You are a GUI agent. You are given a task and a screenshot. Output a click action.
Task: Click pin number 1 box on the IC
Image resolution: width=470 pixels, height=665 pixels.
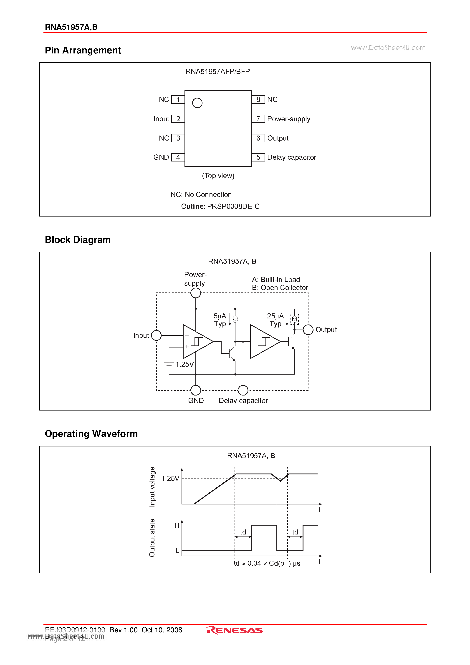pos(178,99)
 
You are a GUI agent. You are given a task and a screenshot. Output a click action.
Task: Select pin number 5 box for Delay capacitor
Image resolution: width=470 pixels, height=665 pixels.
pos(258,157)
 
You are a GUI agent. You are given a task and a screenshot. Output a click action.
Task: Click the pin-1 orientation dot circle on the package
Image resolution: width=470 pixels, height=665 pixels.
pos(197,103)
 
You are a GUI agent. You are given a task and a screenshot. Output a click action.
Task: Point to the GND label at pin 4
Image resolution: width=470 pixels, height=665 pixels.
pos(161,157)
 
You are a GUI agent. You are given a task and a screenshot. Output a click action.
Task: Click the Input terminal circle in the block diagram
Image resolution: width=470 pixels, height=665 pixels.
pos(156,335)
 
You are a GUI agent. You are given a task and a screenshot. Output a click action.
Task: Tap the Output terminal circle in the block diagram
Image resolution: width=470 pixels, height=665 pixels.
pos(308,330)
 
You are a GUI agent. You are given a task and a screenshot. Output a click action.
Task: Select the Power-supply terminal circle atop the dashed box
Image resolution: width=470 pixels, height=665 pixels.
pos(196,293)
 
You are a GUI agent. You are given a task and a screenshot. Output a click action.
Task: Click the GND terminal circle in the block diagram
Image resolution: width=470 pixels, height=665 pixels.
pos(196,390)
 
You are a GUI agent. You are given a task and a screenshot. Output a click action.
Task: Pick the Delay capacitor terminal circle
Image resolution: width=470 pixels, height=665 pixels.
pos(243,390)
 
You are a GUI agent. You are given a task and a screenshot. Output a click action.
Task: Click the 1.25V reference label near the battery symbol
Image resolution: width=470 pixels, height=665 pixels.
pos(184,364)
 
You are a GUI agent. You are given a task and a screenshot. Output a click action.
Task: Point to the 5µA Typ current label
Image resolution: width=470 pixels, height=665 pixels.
pos(220,320)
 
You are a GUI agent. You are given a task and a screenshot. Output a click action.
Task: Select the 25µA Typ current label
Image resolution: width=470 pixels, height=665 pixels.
pos(275,320)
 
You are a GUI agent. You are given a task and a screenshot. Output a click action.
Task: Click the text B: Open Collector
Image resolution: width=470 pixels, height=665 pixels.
pos(280,288)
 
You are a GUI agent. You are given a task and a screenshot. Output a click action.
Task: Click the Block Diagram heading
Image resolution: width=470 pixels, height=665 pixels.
pos(78,240)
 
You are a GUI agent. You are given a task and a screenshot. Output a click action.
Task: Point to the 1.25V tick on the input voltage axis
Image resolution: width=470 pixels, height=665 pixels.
pos(170,478)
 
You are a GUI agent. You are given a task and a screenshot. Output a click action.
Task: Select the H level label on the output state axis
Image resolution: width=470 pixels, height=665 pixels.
pos(177,525)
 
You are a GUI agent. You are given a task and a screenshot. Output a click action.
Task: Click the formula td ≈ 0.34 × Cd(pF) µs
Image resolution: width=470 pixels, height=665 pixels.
pos(267,563)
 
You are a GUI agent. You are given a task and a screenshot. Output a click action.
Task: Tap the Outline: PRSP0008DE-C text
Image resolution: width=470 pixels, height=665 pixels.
pos(220,206)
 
